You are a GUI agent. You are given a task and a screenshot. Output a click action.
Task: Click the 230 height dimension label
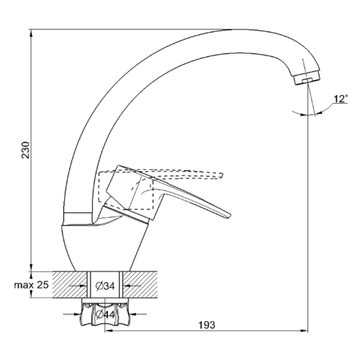[26, 150]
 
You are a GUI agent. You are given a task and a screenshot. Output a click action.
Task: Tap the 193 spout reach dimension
[207, 325]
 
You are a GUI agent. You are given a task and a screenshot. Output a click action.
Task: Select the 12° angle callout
[341, 99]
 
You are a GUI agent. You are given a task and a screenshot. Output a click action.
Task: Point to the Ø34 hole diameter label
[105, 286]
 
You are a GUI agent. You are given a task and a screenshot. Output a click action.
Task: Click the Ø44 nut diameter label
[105, 315]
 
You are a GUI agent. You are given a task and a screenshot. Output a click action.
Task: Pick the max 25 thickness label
[32, 285]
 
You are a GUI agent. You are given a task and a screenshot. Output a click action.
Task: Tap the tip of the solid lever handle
[229, 215]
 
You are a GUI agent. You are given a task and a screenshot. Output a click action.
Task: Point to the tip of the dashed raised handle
[222, 176]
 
